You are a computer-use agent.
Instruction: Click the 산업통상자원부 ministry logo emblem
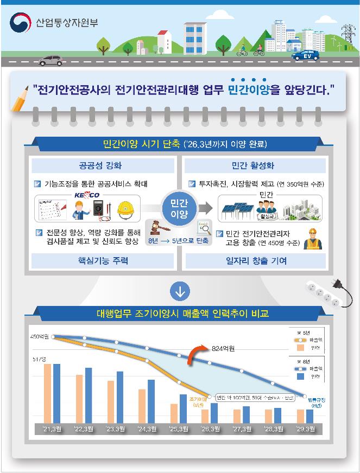(x=20, y=23)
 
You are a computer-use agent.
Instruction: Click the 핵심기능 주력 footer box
(x=103, y=261)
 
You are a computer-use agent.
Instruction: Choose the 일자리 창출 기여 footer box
(x=255, y=261)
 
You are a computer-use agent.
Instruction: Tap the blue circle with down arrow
(x=180, y=291)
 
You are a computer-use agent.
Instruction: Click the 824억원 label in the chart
(x=223, y=349)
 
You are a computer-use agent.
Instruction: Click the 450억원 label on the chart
(x=40, y=337)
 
